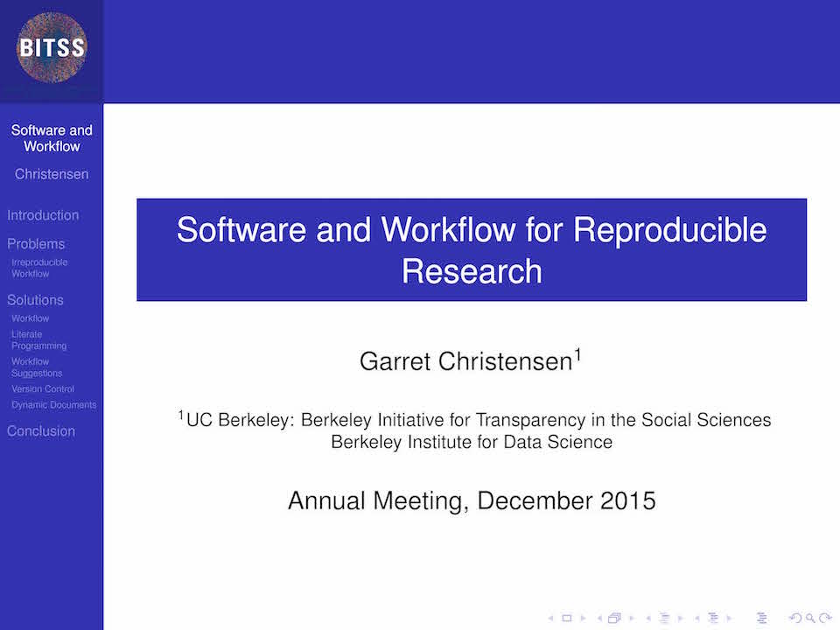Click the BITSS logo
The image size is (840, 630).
(52, 47)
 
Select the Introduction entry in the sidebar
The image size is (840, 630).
(43, 215)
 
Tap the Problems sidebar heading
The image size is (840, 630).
(36, 244)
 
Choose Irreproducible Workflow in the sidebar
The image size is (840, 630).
(39, 268)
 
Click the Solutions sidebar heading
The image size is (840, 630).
(35, 300)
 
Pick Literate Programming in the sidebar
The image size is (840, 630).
(39, 340)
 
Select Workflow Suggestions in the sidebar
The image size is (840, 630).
(37, 367)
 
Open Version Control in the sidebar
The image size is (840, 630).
(43, 388)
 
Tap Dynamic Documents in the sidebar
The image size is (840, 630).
(54, 405)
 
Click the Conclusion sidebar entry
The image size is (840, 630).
(41, 431)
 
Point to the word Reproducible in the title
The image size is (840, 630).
(670, 231)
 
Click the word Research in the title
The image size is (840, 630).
(472, 271)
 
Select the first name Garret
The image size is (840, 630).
(395, 361)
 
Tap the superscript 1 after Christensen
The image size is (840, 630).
(578, 354)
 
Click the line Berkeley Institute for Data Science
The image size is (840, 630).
(472, 442)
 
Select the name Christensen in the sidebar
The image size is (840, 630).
(52, 174)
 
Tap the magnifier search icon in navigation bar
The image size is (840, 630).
(810, 619)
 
